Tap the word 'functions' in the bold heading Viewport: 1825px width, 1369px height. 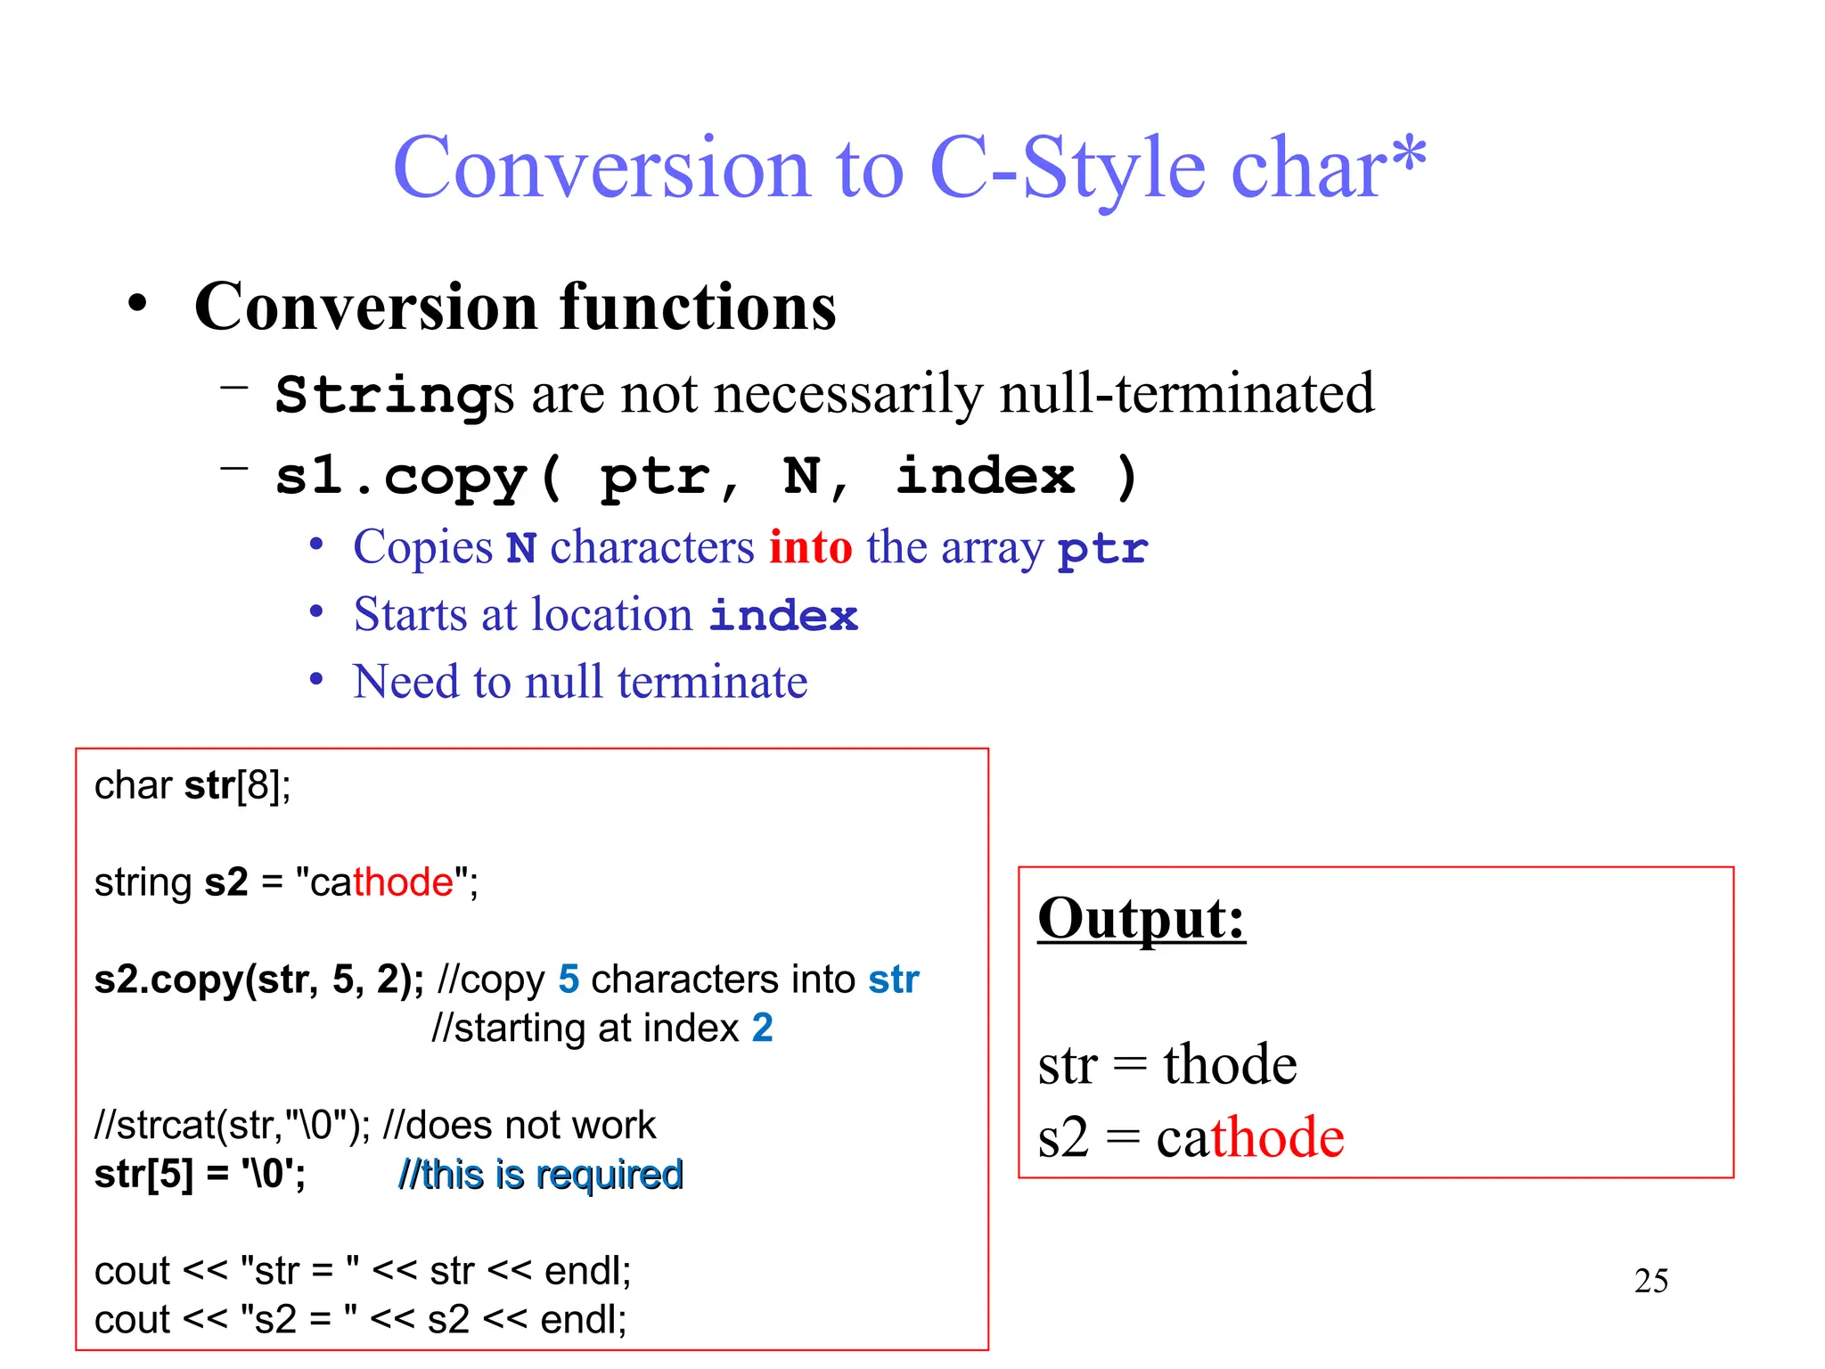coord(698,307)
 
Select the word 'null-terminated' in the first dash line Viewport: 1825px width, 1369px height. coord(1187,393)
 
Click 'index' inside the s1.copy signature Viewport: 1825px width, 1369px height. coord(985,475)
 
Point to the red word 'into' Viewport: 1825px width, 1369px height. coord(810,546)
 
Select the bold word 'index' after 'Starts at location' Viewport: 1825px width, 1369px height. coord(783,616)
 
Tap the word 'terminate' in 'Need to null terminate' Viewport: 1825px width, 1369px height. coord(712,682)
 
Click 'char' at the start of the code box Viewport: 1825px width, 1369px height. coord(133,786)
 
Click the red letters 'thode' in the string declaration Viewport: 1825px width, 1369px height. coord(404,882)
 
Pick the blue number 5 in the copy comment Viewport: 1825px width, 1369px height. coord(569,980)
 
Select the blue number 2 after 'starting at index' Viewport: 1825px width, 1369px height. coord(762,1029)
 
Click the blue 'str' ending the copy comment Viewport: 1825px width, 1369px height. coord(894,980)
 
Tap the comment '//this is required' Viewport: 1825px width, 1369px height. coord(540,1175)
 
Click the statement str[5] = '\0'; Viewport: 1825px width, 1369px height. coord(200,1175)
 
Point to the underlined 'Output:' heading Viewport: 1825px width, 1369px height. coord(1142,918)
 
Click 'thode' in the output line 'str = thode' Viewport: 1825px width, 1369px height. coord(1230,1064)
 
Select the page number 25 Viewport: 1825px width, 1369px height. coord(1651,1281)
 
